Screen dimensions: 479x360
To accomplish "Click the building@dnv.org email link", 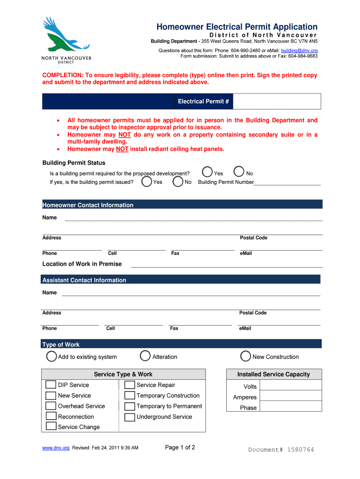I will pyautogui.click(x=299, y=50).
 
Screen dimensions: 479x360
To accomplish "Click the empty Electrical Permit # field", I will pyautogui.click(x=277, y=102).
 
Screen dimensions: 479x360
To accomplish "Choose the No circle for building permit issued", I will pyautogui.click(x=178, y=181).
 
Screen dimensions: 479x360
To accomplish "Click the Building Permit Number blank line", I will pyautogui.click(x=287, y=182).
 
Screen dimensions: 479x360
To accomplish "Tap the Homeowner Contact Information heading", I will pyautogui.click(x=88, y=205).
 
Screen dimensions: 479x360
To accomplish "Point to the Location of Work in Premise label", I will pyautogui.click(x=82, y=264).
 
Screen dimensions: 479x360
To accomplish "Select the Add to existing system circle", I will pyautogui.click(x=51, y=356).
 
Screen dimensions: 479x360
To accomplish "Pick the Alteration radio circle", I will pyautogui.click(x=145, y=356).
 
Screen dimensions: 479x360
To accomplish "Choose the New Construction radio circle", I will pyautogui.click(x=246, y=356).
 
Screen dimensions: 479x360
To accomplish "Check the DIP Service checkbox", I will pyautogui.click(x=51, y=385).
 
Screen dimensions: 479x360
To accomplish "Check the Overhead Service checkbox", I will pyautogui.click(x=51, y=406).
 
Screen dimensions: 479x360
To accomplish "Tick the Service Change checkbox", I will pyautogui.click(x=51, y=427).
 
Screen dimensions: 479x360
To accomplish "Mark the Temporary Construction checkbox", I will pyautogui.click(x=130, y=396).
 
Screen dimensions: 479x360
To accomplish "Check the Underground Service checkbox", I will pyautogui.click(x=130, y=417).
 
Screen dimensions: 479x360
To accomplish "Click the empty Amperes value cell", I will pyautogui.click(x=290, y=396).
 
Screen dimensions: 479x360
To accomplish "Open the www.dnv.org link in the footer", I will pyautogui.click(x=56, y=448).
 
